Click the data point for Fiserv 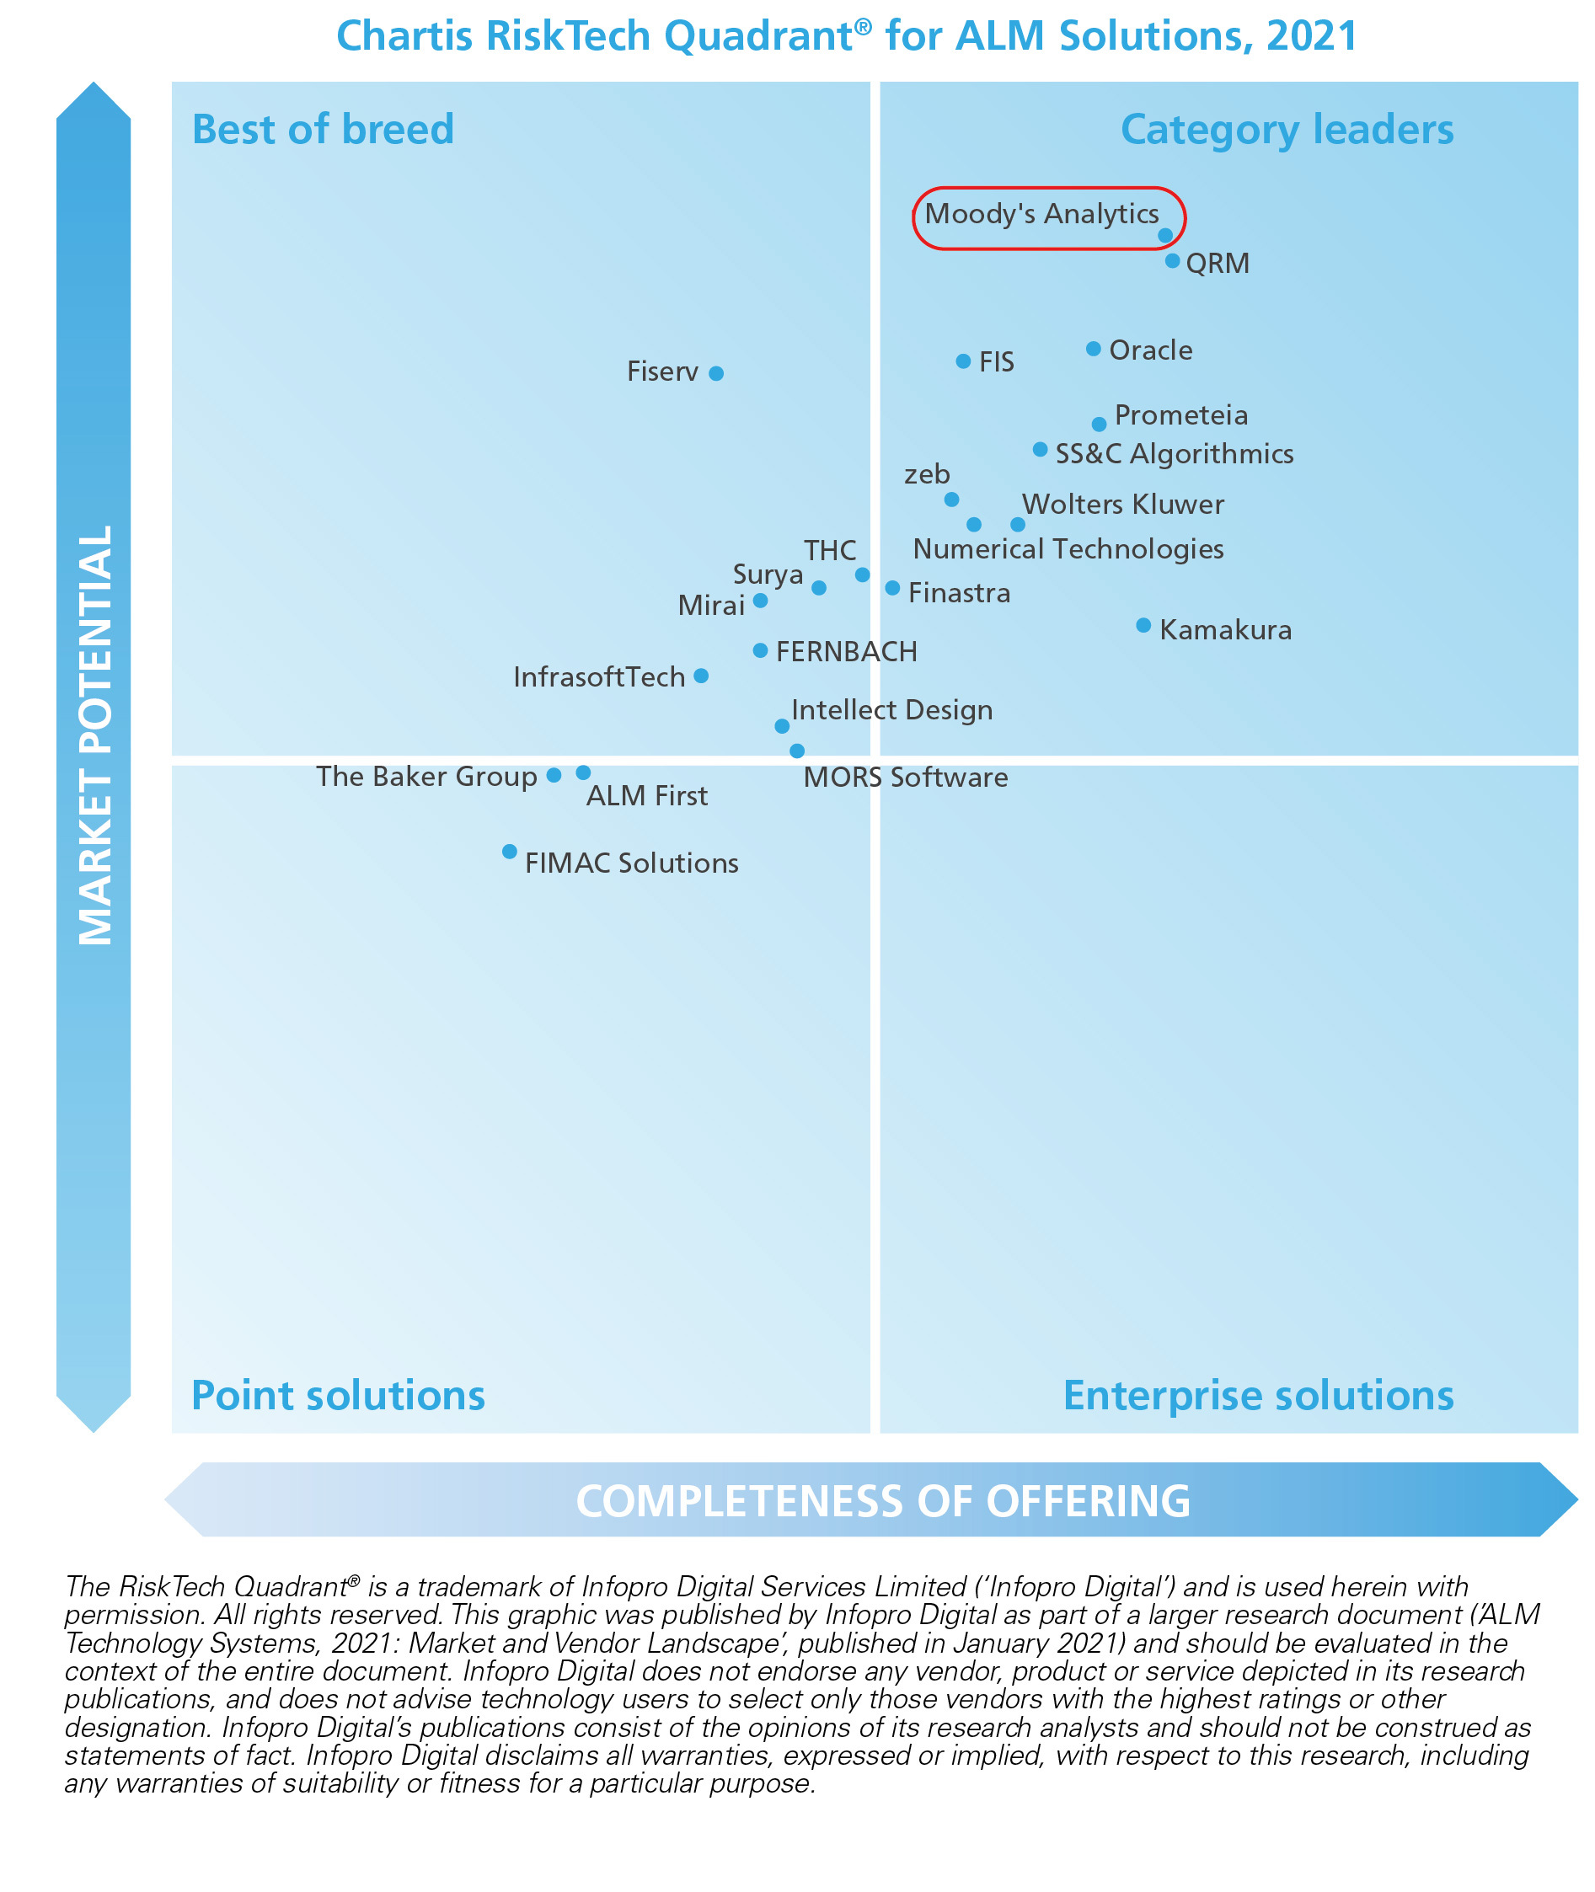716,373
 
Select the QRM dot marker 1172,261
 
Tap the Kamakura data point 1143,626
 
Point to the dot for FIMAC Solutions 509,852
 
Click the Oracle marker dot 1093,349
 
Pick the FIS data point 963,361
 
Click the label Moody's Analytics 1041,214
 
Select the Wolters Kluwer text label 1123,505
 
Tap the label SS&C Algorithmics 1175,454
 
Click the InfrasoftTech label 598,677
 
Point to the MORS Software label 905,778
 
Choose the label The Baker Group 426,777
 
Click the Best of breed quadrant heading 323,129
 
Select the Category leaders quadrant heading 1287,129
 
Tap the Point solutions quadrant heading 338,1395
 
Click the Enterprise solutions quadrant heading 1258,1395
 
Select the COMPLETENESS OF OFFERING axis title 882,1501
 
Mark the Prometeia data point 1099,424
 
